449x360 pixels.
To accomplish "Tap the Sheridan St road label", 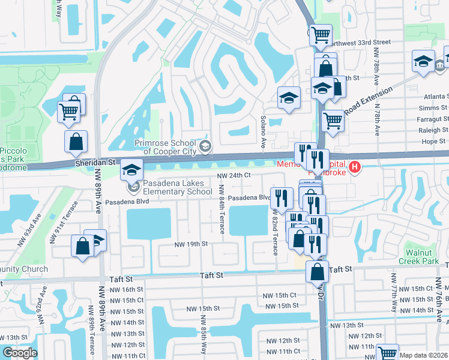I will coord(95,163).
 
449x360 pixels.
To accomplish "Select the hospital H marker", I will coord(355,166).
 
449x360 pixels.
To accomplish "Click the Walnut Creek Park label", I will coord(421,256).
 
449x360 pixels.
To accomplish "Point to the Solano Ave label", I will coord(263,132).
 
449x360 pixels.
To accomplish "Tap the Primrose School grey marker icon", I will coord(205,146).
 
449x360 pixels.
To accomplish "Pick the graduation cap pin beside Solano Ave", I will coord(289,98).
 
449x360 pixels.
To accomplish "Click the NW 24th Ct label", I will coord(234,176).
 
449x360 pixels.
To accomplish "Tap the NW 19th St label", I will coord(191,244).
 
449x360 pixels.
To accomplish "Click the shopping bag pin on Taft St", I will coord(317,271).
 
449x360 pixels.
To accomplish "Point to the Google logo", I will coord(19,352).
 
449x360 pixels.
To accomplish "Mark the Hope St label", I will coord(435,142).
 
